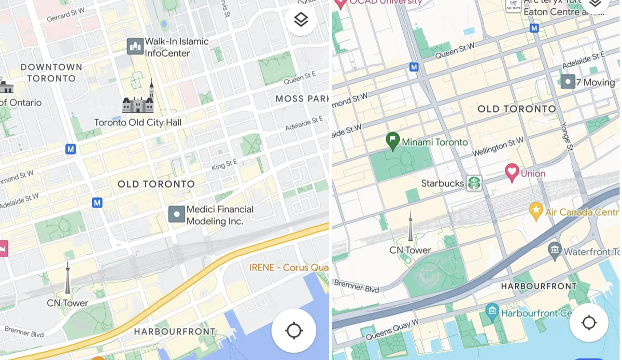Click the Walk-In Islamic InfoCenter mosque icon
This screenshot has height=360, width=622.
[x=135, y=47]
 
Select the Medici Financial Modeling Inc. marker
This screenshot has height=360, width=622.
[x=177, y=214]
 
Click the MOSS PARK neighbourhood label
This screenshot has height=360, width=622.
[x=302, y=98]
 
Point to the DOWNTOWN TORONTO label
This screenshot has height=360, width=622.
[x=51, y=73]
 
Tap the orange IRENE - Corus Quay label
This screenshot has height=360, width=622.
[x=289, y=267]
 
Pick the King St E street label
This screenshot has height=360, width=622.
[x=224, y=165]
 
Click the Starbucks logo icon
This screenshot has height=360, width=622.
[x=474, y=183]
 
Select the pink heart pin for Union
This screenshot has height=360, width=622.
[x=512, y=172]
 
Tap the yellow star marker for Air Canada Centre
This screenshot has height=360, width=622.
[x=535, y=210]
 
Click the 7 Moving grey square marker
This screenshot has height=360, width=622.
[x=568, y=81]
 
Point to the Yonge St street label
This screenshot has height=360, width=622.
[x=567, y=137]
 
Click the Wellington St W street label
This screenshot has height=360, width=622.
[x=498, y=148]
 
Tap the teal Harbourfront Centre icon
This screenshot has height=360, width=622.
[x=492, y=312]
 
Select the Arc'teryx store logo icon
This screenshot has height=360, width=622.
[x=513, y=6]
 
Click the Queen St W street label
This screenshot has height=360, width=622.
[x=455, y=50]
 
